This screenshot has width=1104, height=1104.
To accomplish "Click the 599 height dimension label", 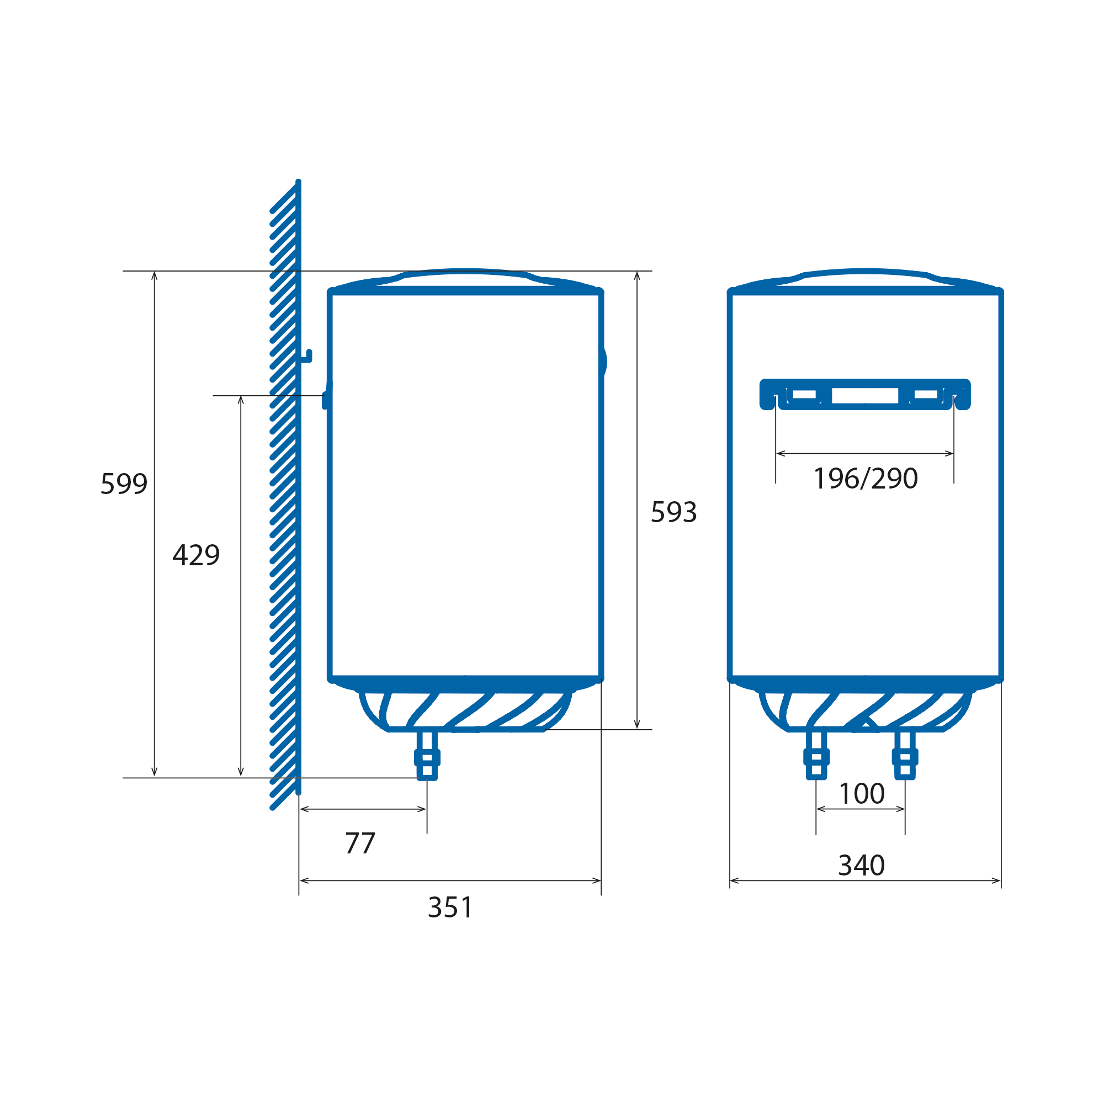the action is (x=124, y=484).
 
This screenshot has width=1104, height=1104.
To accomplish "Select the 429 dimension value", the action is (x=196, y=555).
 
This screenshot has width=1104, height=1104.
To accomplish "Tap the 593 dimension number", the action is (x=673, y=512).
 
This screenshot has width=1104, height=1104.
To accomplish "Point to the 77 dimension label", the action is (x=360, y=843).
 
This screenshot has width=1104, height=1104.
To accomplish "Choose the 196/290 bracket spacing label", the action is (x=865, y=478).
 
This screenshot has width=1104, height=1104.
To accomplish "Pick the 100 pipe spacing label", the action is (x=862, y=793).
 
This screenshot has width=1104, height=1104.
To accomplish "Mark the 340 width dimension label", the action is (x=862, y=865).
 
